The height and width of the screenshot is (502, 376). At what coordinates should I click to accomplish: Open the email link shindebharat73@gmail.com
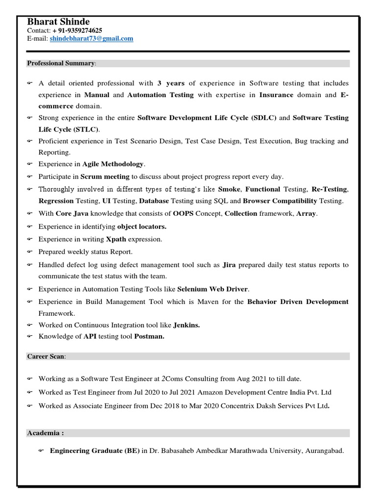(x=91, y=39)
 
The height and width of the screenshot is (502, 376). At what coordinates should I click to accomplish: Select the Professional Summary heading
(x=61, y=63)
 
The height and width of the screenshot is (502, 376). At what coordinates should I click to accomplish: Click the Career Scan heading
(x=46, y=356)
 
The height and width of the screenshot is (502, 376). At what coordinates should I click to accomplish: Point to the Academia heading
(x=45, y=433)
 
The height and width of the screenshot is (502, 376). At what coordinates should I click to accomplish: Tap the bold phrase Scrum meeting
(x=105, y=176)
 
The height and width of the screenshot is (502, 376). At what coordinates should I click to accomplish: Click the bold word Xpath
(x=116, y=239)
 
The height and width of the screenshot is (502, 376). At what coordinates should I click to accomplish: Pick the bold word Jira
(x=230, y=265)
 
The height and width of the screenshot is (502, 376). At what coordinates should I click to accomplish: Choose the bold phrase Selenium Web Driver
(x=213, y=289)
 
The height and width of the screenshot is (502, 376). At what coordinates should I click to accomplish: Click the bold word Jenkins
(x=187, y=325)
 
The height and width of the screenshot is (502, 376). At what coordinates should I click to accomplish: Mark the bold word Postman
(x=149, y=336)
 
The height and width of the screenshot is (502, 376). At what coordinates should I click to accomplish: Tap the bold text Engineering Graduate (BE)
(x=95, y=451)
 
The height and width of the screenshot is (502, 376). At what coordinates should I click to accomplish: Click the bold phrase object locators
(x=142, y=226)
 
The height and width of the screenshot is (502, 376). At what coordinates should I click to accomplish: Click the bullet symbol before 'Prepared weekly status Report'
(x=29, y=252)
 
